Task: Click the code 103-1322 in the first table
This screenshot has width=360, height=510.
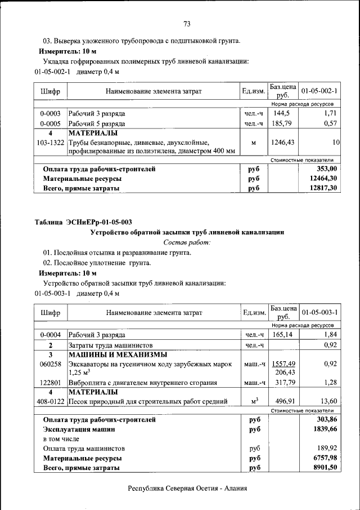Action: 50,143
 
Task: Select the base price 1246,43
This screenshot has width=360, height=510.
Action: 282,143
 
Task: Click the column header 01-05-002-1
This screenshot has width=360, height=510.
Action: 319,91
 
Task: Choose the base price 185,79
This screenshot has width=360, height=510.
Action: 282,123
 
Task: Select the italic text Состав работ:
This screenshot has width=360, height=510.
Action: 187,242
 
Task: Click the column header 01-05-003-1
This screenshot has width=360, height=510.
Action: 319,312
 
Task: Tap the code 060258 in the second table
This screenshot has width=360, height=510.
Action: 50,365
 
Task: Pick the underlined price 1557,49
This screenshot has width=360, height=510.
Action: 283,364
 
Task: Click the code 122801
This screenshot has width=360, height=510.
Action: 50,383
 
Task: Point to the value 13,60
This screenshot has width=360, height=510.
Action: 327,401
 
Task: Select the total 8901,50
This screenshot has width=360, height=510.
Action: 325,468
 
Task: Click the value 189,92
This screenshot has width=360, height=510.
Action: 326,449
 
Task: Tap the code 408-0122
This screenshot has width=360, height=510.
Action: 50,402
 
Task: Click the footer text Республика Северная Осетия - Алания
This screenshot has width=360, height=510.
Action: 187,489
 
